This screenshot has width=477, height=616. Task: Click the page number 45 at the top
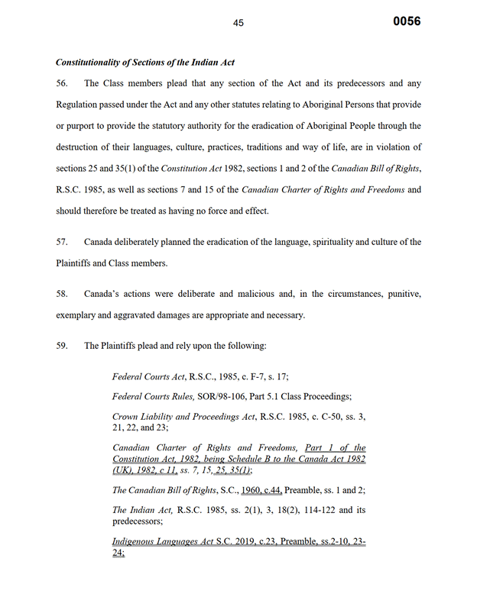tap(238, 24)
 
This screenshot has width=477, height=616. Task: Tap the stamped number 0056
tap(407, 21)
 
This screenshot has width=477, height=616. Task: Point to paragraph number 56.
tap(62, 83)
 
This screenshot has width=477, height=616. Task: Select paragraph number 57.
tap(62, 242)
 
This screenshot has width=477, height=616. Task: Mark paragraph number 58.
tap(62, 294)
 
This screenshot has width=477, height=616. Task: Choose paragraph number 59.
tap(62, 346)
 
